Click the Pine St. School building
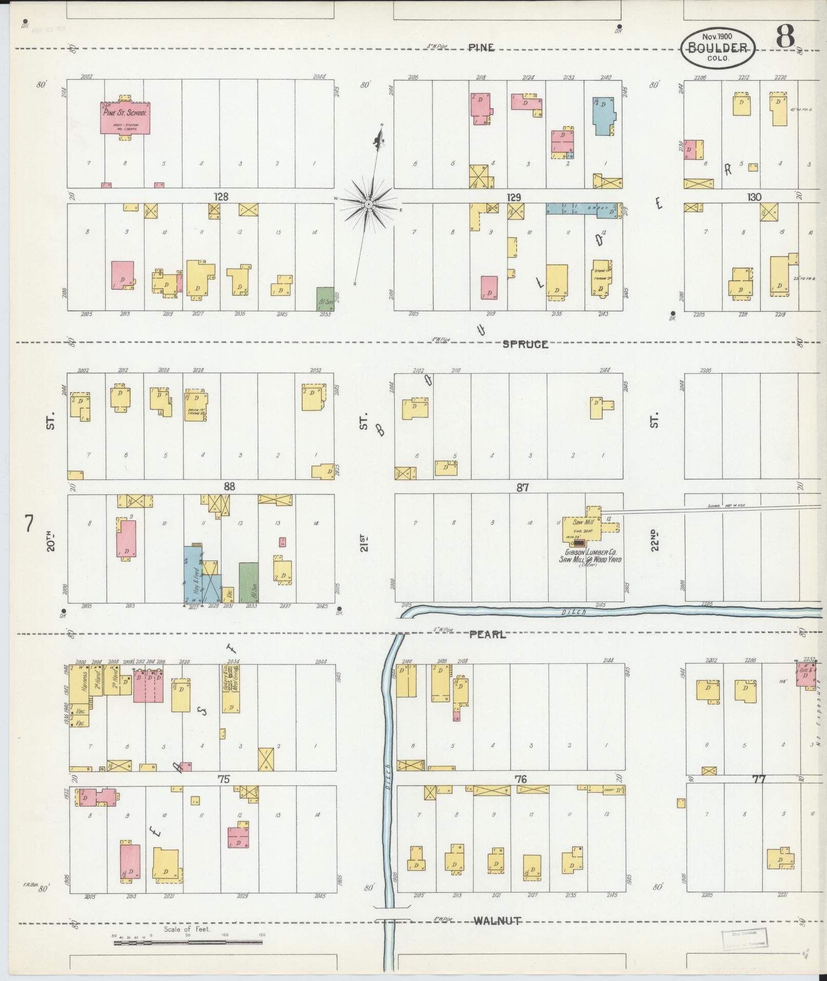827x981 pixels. (125, 118)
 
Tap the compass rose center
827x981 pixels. (368, 205)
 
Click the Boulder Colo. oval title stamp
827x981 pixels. (717, 47)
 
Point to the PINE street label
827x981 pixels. (481, 48)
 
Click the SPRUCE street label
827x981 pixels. (525, 344)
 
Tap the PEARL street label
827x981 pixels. (487, 634)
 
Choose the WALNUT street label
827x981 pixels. (497, 922)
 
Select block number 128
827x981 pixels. (221, 197)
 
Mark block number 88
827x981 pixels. (229, 486)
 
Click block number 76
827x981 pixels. (520, 780)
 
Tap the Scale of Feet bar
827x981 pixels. (188, 943)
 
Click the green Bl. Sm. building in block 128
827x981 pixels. (325, 298)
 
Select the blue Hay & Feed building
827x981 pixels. (194, 574)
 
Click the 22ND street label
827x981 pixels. (655, 540)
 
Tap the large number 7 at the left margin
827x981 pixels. (29, 524)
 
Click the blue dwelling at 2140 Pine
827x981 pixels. (603, 115)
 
